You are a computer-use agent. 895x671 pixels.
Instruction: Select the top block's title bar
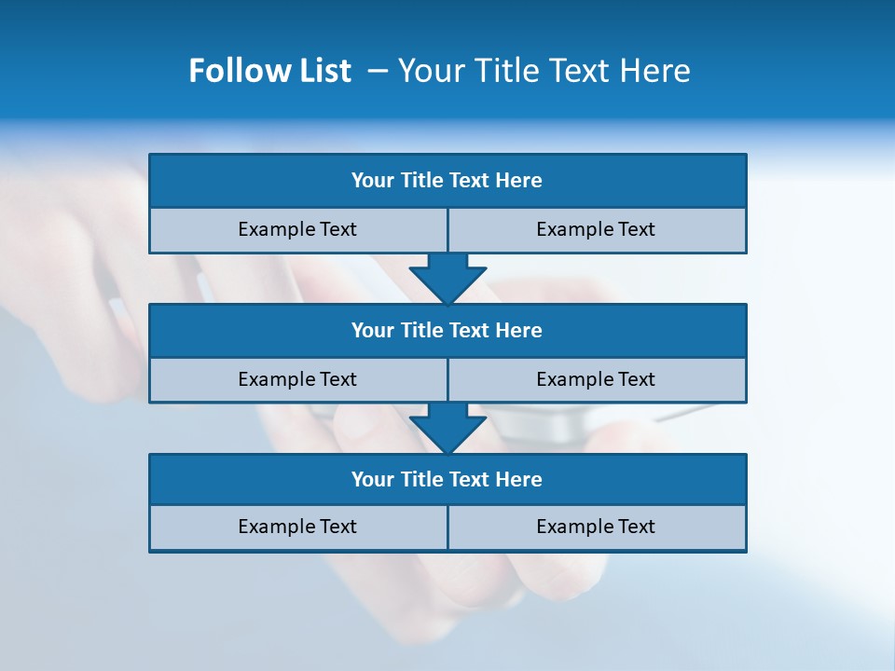pyautogui.click(x=447, y=181)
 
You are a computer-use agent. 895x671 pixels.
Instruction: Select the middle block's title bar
pyautogui.click(x=447, y=331)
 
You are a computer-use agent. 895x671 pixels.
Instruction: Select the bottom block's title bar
pyautogui.click(x=447, y=480)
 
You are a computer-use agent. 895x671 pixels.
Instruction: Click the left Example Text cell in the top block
pyautogui.click(x=297, y=230)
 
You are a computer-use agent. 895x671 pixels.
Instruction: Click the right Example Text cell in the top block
pyautogui.click(x=596, y=230)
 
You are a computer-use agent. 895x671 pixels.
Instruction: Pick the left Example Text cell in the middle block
pyautogui.click(x=297, y=380)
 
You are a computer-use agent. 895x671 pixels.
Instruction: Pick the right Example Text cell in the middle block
pyautogui.click(x=596, y=380)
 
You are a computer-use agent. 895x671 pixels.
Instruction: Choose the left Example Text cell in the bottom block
pyautogui.click(x=297, y=527)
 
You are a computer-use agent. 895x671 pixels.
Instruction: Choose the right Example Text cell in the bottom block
pyautogui.click(x=596, y=527)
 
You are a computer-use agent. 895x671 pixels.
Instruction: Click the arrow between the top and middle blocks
pyautogui.click(x=447, y=278)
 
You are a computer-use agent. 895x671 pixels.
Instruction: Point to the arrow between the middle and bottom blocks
pyautogui.click(x=447, y=428)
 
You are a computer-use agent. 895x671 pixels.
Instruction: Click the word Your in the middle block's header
pyautogui.click(x=373, y=331)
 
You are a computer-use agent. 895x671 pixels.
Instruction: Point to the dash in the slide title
pyautogui.click(x=378, y=71)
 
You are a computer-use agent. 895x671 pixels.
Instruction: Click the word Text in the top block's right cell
pyautogui.click(x=636, y=230)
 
